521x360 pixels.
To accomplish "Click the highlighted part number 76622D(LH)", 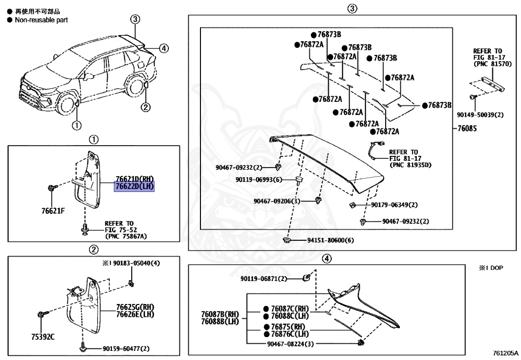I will coord(134,187).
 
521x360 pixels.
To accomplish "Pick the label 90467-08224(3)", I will coord(291,344).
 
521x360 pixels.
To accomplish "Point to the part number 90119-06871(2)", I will coord(264,279).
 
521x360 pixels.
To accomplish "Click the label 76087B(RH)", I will coord(220,314).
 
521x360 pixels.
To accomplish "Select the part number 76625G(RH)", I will coord(135,307).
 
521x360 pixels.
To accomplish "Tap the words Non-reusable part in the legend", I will coord(41,20).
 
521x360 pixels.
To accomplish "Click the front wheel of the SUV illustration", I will coord(66,106).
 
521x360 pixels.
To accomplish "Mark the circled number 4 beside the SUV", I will coord(163,48).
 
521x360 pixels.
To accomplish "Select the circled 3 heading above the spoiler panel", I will coord(352,9).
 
